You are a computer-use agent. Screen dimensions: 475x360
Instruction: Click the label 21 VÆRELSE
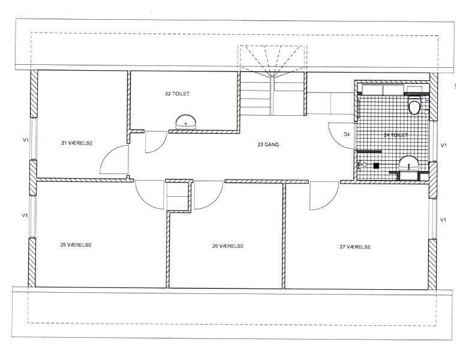[x=77, y=143]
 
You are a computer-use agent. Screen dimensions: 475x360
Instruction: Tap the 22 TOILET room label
[x=177, y=94]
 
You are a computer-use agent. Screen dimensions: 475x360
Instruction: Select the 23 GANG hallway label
[x=268, y=145]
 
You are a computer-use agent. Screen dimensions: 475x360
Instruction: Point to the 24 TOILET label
[x=396, y=135]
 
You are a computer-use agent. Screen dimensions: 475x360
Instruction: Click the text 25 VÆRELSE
[x=76, y=245]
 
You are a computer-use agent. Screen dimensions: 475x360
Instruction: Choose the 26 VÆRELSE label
[x=228, y=246]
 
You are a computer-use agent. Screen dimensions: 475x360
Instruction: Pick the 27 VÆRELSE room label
[x=355, y=247]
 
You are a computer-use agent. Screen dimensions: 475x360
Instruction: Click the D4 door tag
[x=347, y=134]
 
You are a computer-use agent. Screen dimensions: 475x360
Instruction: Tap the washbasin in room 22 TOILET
[x=185, y=122]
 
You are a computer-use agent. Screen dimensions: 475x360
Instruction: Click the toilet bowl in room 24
[x=414, y=105]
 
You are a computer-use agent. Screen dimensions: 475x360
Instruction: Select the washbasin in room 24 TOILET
[x=408, y=164]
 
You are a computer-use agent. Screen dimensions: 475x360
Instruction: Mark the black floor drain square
[x=376, y=166]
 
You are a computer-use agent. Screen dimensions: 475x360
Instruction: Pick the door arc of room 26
[x=214, y=200]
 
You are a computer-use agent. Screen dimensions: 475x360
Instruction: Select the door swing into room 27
[x=330, y=202]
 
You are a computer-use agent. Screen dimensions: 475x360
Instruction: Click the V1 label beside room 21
[x=26, y=140]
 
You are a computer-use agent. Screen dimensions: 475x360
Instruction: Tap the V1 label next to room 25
[x=25, y=215]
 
